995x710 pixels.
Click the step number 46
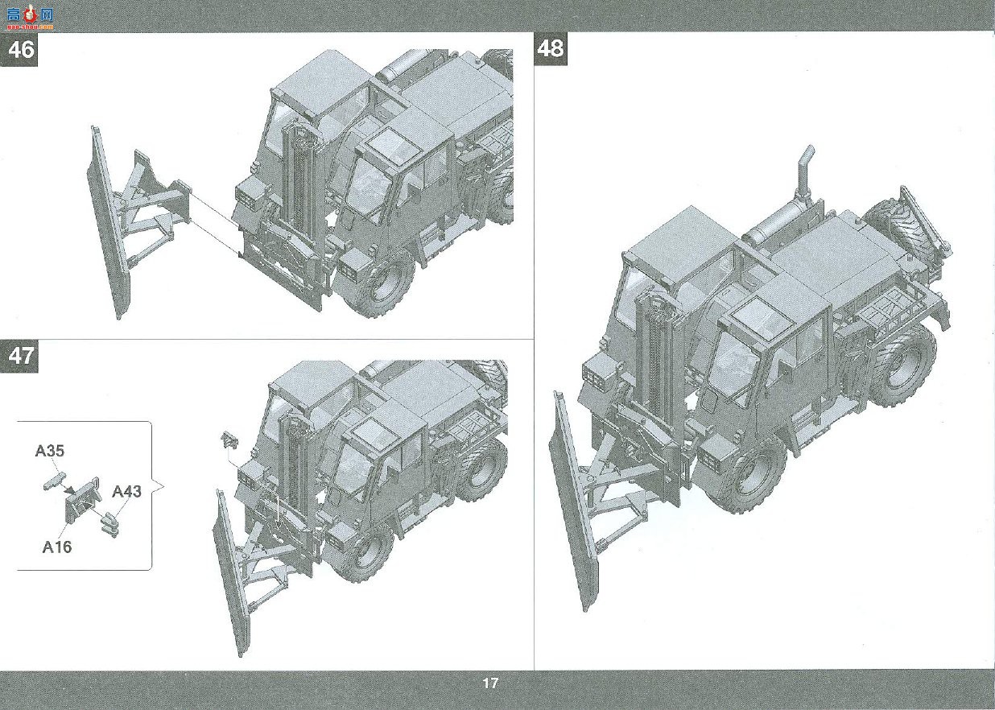tap(21, 49)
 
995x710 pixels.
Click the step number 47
tap(21, 356)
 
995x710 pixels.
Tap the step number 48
tap(551, 48)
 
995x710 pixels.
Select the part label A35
tap(50, 451)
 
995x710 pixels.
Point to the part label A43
tap(126, 491)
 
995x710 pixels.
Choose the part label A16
tap(57, 547)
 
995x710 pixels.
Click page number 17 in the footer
tap(490, 683)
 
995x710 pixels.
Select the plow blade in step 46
tap(108, 222)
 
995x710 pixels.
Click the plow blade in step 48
tap(574, 502)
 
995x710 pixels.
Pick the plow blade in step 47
tap(233, 573)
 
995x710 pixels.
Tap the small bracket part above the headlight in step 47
tap(229, 440)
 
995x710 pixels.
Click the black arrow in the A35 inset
tap(70, 489)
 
